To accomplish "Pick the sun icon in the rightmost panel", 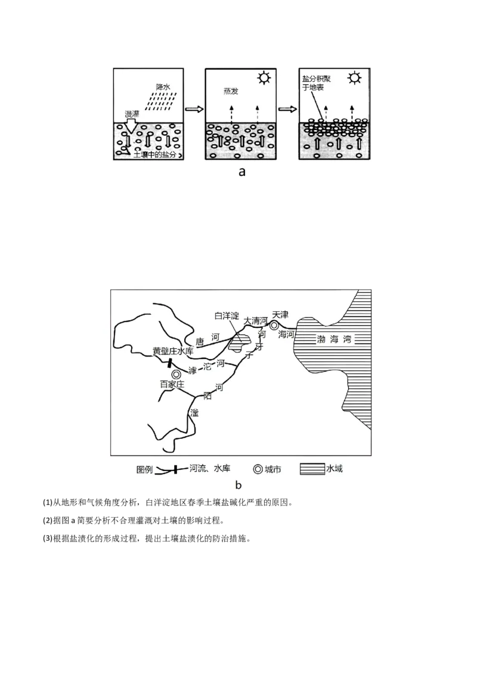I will point(355,78).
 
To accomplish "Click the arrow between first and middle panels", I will point(194,110).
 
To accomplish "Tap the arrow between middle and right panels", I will point(287,110).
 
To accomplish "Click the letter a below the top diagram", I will point(241,172).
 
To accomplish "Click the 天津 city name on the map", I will point(280,314).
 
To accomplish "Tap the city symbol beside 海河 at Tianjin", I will point(274,325).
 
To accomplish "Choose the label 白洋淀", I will point(227,315).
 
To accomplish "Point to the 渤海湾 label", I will point(333,340).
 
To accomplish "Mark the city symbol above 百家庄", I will point(176,374).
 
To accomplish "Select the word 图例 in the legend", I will point(144,469).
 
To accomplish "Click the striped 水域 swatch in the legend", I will point(312,469).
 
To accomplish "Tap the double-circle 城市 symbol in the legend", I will point(258,469).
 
